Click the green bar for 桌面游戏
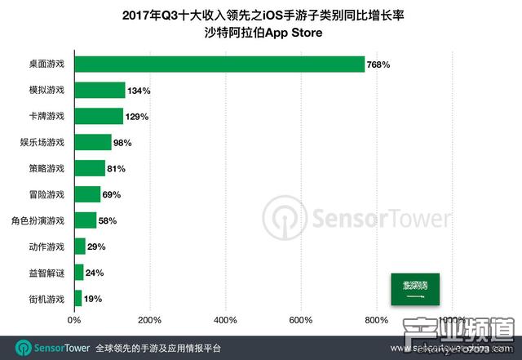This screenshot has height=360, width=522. [219, 64]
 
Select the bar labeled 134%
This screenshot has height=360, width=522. [100, 90]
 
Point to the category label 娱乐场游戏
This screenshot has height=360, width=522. [44, 142]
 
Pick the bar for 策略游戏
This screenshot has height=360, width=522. [90, 168]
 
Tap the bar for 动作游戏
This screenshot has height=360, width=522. [80, 247]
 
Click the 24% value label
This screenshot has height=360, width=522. [95, 273]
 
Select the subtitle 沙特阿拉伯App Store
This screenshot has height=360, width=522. [260, 33]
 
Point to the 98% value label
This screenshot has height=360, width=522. [122, 142]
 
